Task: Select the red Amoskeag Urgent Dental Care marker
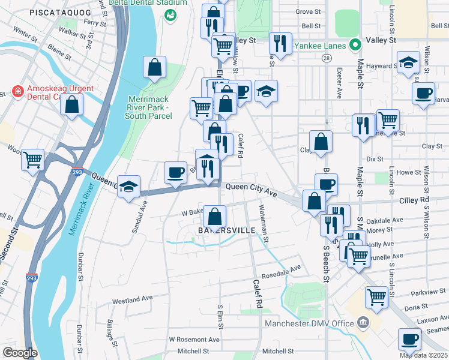pos(18,92)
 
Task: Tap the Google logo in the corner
pos(20,353)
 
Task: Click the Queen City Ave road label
pos(251,187)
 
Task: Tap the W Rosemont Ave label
pos(191,339)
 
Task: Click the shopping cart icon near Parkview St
pos(376,296)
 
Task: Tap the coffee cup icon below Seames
pos(410,338)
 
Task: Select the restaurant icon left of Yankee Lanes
pos(280,42)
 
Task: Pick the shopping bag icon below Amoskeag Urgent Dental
pos(72,104)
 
